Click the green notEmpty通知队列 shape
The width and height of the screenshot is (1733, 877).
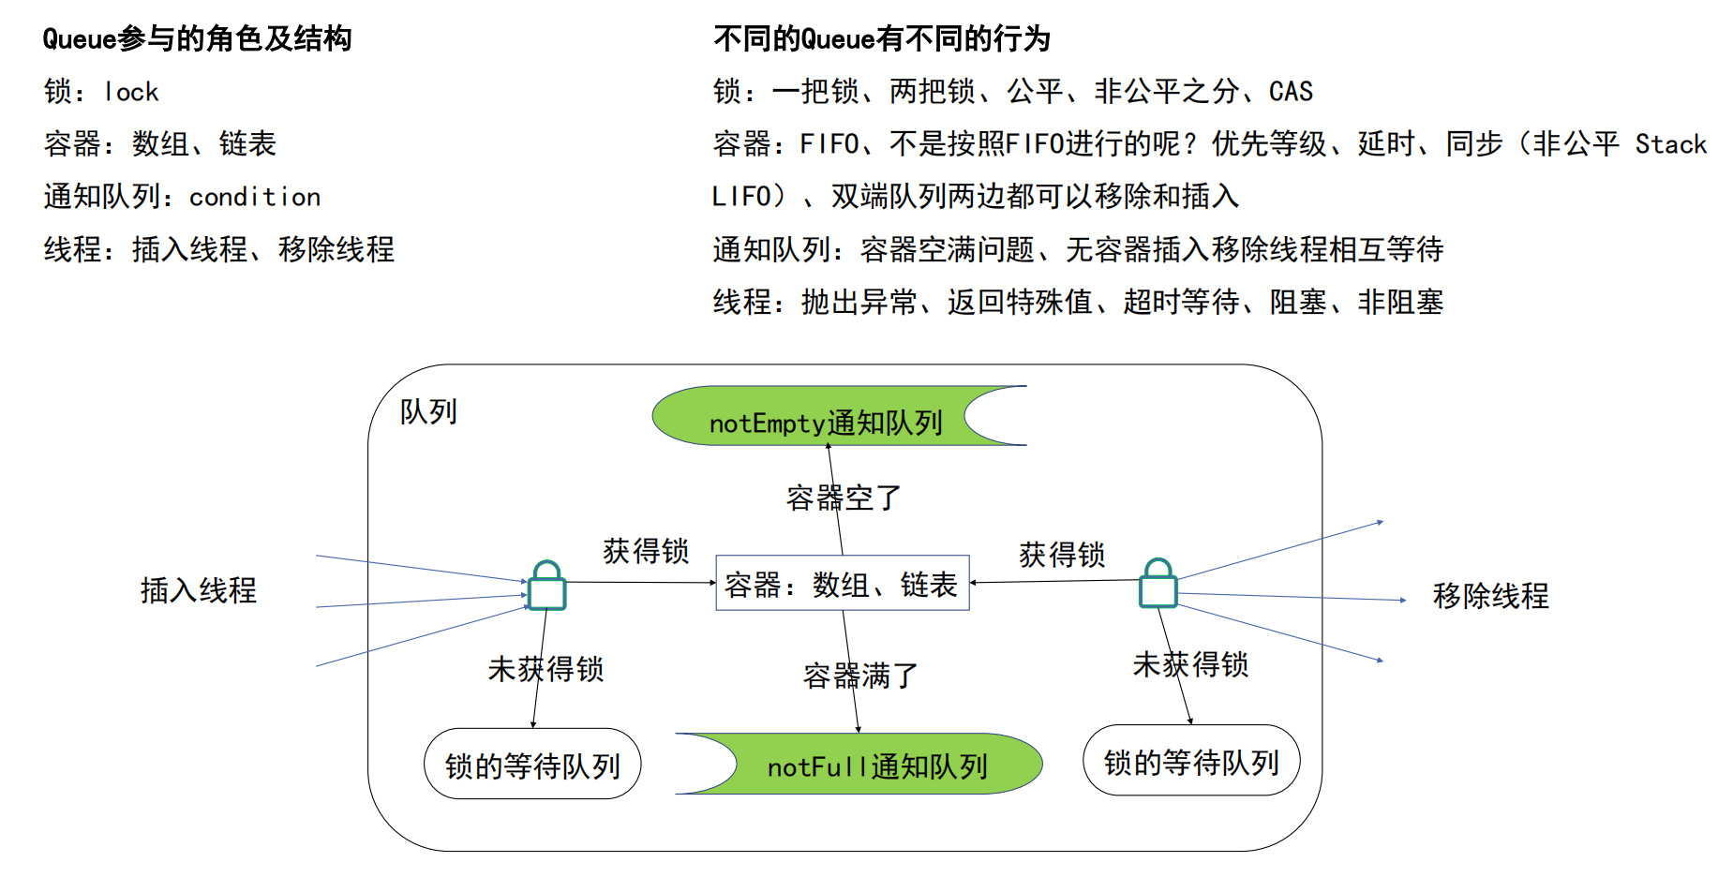click(825, 417)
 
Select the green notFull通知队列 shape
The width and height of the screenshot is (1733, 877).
click(876, 766)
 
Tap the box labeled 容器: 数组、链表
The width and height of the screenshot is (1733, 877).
click(842, 584)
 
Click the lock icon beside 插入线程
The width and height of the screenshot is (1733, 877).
click(547, 587)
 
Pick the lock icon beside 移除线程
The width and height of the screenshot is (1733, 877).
click(1158, 585)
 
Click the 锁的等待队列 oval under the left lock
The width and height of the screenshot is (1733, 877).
click(532, 765)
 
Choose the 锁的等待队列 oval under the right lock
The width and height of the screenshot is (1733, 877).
click(1191, 761)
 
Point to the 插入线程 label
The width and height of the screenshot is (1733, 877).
click(198, 590)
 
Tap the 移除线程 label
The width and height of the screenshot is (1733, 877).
click(1490, 596)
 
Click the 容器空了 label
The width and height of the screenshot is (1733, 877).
click(843, 498)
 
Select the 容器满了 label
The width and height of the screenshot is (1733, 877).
click(860, 676)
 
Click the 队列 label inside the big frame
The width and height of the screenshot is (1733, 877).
click(428, 411)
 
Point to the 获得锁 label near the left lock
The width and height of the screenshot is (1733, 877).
click(646, 551)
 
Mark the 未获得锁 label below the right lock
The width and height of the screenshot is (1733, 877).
click(1190, 664)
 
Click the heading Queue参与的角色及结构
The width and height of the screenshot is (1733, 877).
click(197, 38)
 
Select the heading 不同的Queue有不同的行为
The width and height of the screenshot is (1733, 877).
click(881, 38)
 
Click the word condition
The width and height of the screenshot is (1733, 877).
click(255, 197)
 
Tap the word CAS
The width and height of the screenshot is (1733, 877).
click(1291, 91)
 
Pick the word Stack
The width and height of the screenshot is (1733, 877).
click(1670, 144)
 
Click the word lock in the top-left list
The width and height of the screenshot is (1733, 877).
click(131, 92)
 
